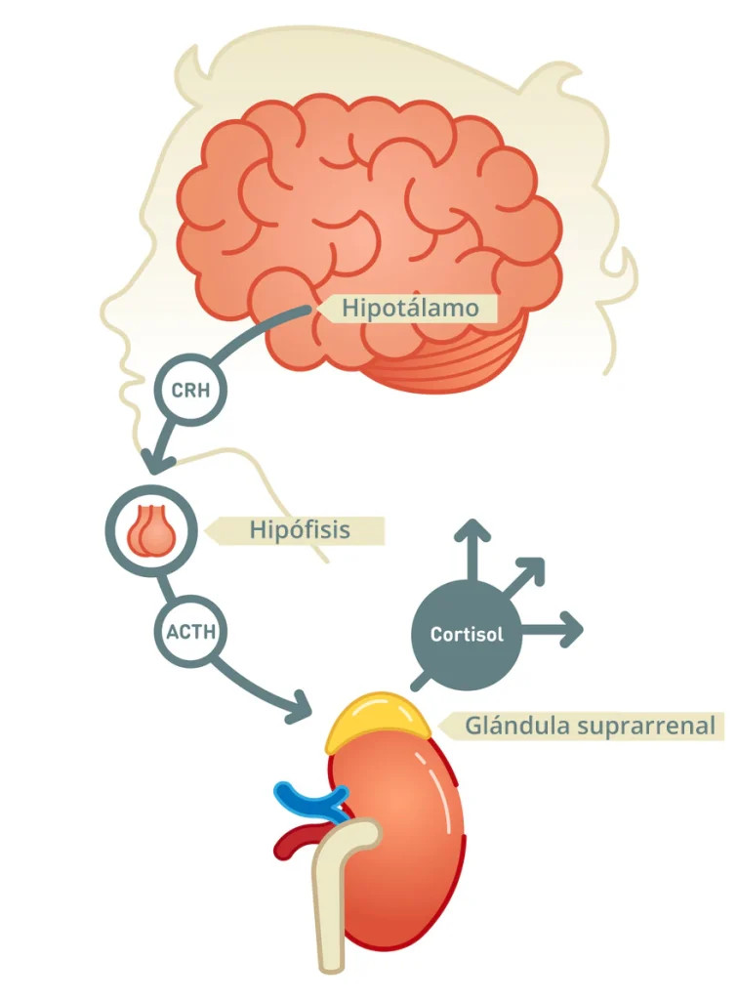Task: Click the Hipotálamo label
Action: pyautogui.click(x=410, y=309)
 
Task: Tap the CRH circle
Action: pyautogui.click(x=191, y=391)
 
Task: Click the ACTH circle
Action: pyautogui.click(x=190, y=631)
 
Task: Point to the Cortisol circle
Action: pyautogui.click(x=468, y=633)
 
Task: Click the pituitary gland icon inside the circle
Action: pyautogui.click(x=151, y=530)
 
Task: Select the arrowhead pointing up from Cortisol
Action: pyautogui.click(x=474, y=533)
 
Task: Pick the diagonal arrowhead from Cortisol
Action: pyautogui.click(x=529, y=573)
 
